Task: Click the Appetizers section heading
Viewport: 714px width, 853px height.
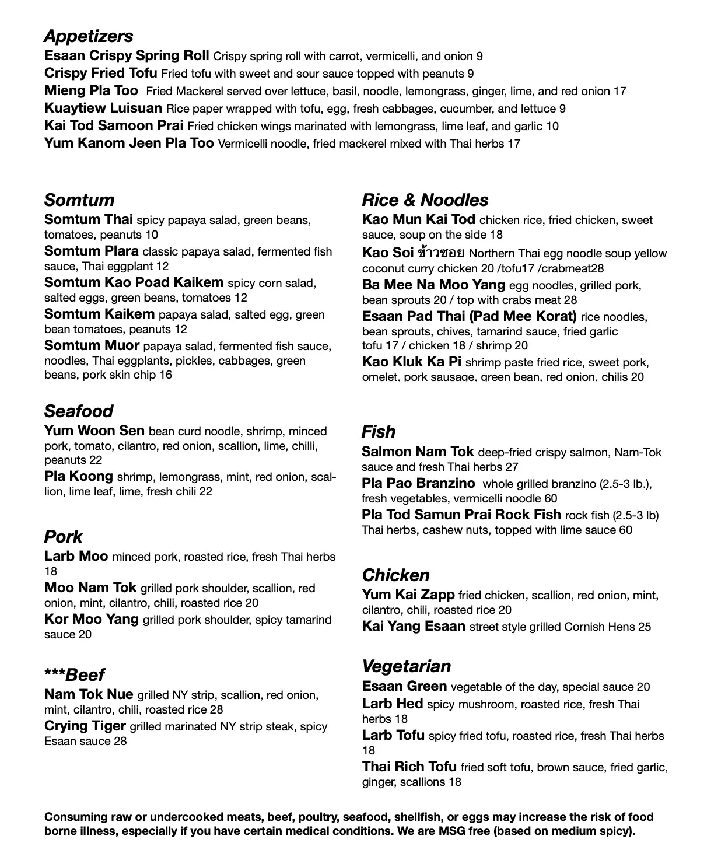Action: coord(88,36)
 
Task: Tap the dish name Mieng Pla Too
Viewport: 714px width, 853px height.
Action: coord(91,91)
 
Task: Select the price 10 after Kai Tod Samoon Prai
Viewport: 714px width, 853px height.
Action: coord(552,126)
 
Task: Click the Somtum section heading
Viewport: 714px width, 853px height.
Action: coord(79,200)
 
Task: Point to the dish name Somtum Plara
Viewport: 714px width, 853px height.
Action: coord(91,251)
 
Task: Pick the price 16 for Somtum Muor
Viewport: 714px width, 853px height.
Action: coord(165,375)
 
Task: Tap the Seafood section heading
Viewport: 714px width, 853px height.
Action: coord(79,411)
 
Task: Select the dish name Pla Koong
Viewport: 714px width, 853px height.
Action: coord(79,477)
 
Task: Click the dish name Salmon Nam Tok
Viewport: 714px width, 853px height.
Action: coord(418,452)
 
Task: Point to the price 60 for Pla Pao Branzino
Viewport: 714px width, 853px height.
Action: coord(551,498)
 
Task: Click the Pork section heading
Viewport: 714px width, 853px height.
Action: coord(64,537)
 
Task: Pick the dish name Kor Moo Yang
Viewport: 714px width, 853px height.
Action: coord(92,620)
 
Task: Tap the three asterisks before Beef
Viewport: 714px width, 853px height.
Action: coord(55,674)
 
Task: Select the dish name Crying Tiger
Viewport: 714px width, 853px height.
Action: coord(85,726)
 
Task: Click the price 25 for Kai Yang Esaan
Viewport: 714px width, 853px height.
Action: coord(644,627)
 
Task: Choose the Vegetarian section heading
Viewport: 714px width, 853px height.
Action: coord(407,666)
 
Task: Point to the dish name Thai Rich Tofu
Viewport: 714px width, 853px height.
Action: coord(409,767)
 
